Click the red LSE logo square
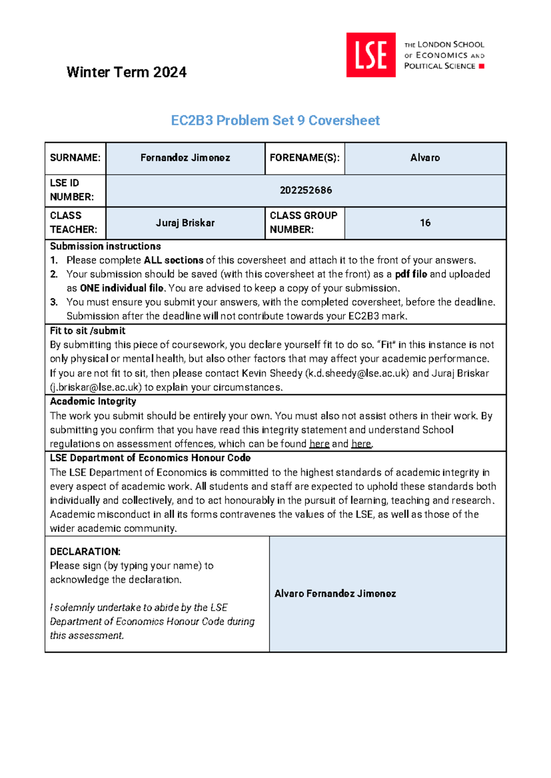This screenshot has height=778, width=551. [x=371, y=55]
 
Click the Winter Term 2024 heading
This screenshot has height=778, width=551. [x=126, y=72]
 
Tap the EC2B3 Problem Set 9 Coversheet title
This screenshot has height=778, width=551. [x=275, y=120]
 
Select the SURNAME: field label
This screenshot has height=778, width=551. [x=75, y=158]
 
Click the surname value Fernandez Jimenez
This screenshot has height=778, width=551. [x=185, y=158]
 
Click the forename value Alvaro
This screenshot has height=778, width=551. [x=425, y=158]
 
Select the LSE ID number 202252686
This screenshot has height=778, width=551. [x=306, y=190]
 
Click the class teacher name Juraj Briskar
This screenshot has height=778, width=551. [x=185, y=223]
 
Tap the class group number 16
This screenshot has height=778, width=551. [x=425, y=223]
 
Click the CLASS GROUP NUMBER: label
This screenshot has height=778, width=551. [x=304, y=222]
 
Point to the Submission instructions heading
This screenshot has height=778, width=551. [x=105, y=246]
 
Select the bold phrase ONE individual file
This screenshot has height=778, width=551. [x=122, y=289]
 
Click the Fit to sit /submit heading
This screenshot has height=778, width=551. [x=87, y=331]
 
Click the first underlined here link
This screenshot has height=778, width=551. [x=319, y=444]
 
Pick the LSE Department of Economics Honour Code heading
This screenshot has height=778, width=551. [x=150, y=458]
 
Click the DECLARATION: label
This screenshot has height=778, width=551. [x=85, y=551]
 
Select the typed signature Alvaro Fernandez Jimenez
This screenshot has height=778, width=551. [x=335, y=594]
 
